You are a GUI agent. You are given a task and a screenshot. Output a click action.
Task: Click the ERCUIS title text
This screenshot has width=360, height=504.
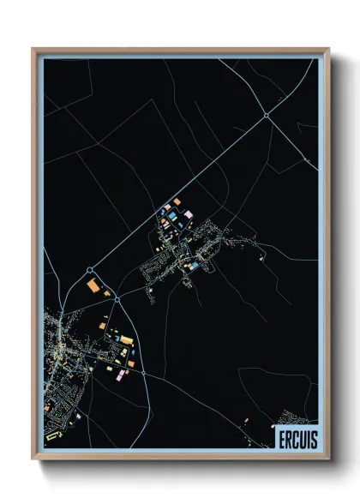pos(296,438)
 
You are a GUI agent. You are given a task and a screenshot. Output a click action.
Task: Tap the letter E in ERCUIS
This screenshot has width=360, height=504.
pos(280,438)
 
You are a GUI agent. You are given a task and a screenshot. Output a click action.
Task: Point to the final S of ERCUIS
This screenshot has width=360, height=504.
pos(313,438)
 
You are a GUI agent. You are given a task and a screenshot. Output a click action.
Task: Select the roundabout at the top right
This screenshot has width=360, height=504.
pos(267,114)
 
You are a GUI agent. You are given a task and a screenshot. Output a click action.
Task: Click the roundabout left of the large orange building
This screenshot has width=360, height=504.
pos(89,270)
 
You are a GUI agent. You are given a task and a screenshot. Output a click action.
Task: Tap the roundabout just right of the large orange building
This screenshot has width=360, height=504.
pos(117,299)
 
